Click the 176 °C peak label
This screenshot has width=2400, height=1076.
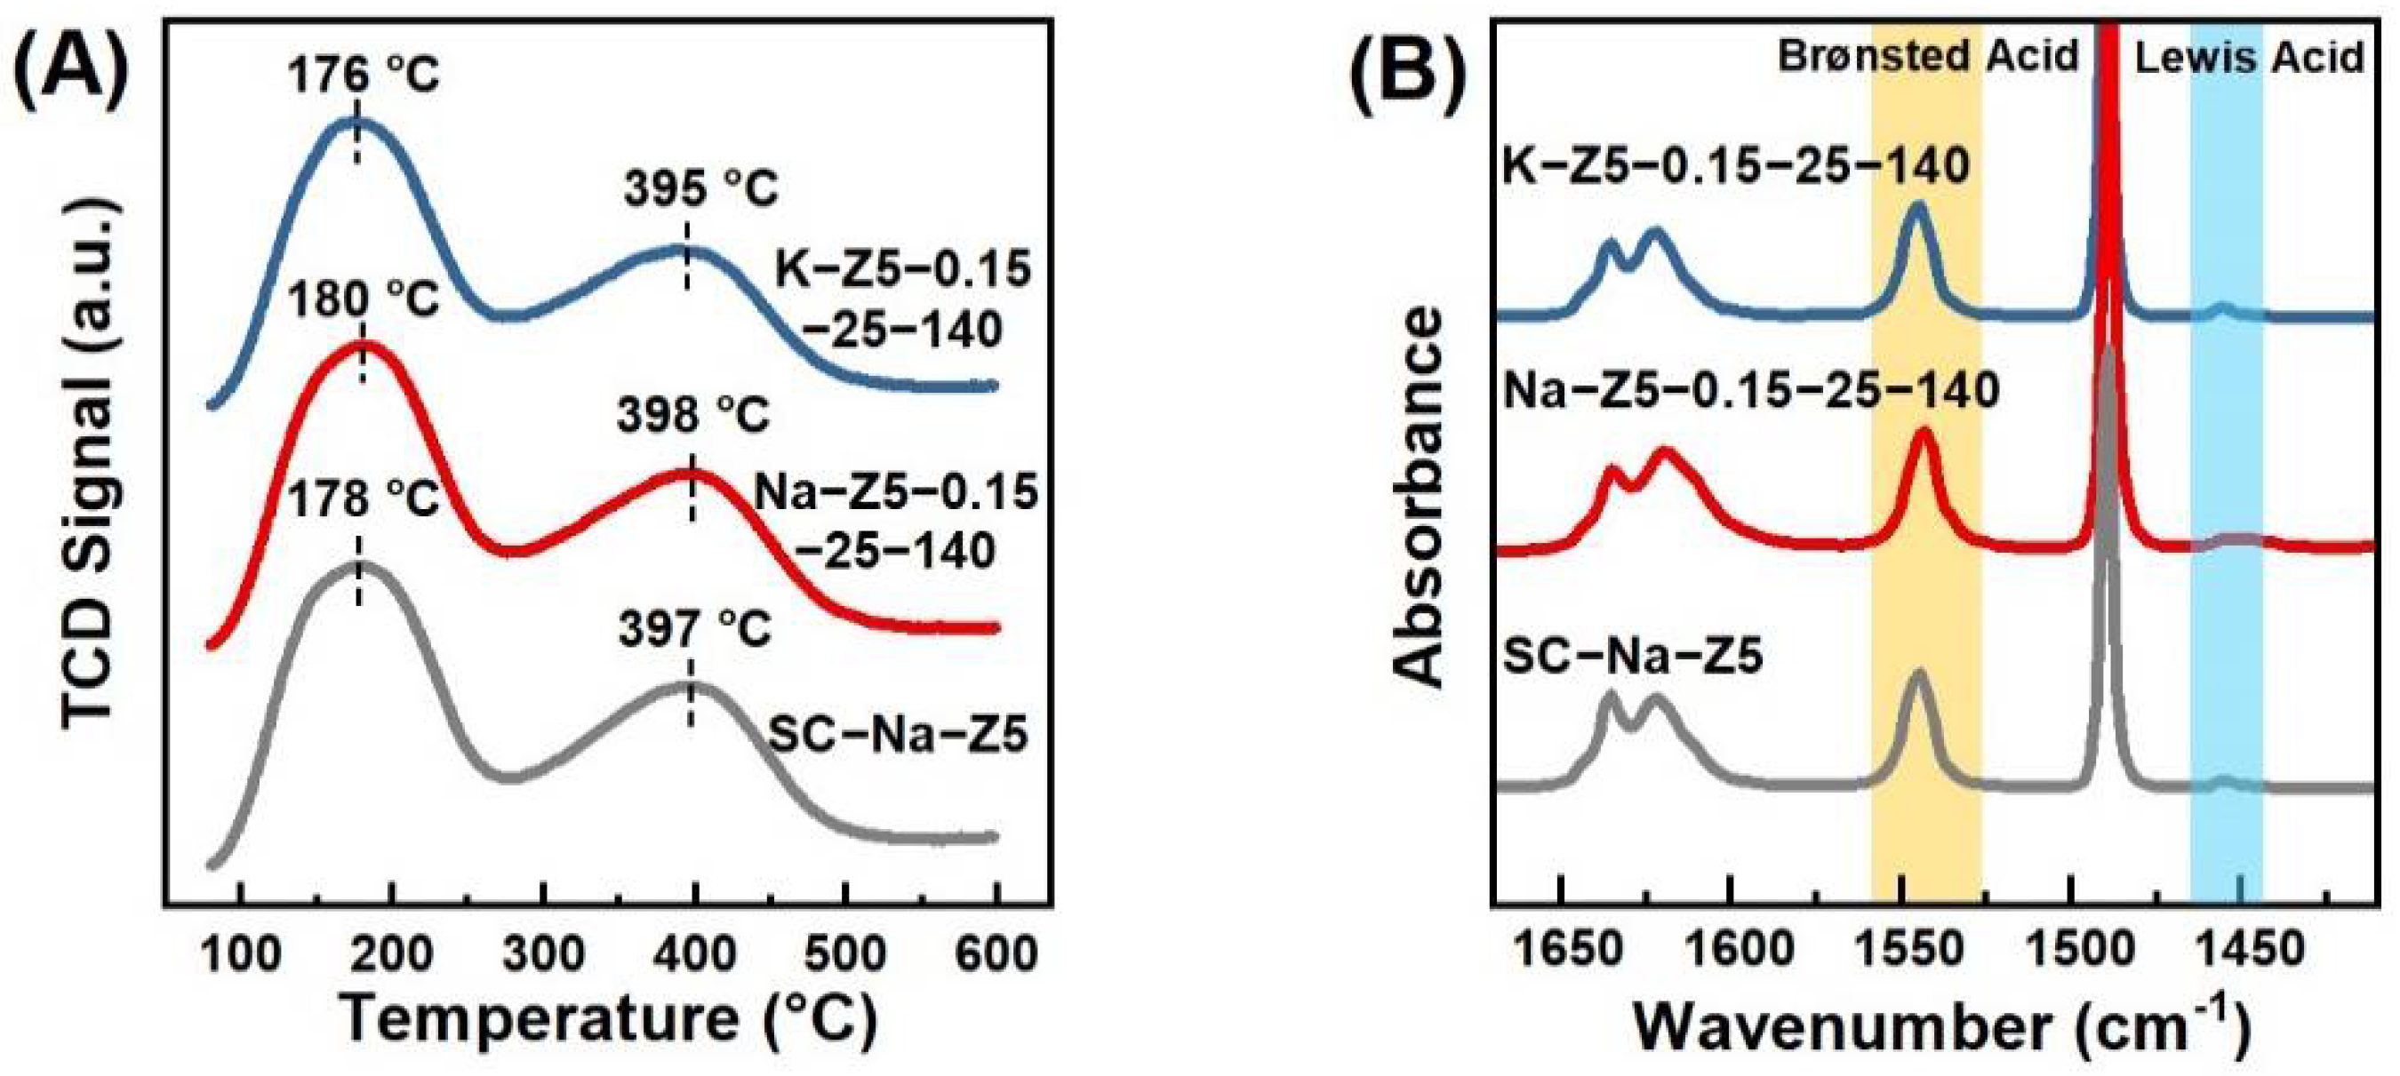363,76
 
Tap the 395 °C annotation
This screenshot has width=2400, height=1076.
700,189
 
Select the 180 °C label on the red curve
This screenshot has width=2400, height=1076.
364,301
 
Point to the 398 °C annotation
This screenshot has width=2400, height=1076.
693,415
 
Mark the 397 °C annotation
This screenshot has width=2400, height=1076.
695,630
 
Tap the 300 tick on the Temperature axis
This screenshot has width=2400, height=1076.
542,954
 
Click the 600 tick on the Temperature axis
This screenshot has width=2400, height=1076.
995,954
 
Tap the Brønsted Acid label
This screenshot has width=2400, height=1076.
1928,56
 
